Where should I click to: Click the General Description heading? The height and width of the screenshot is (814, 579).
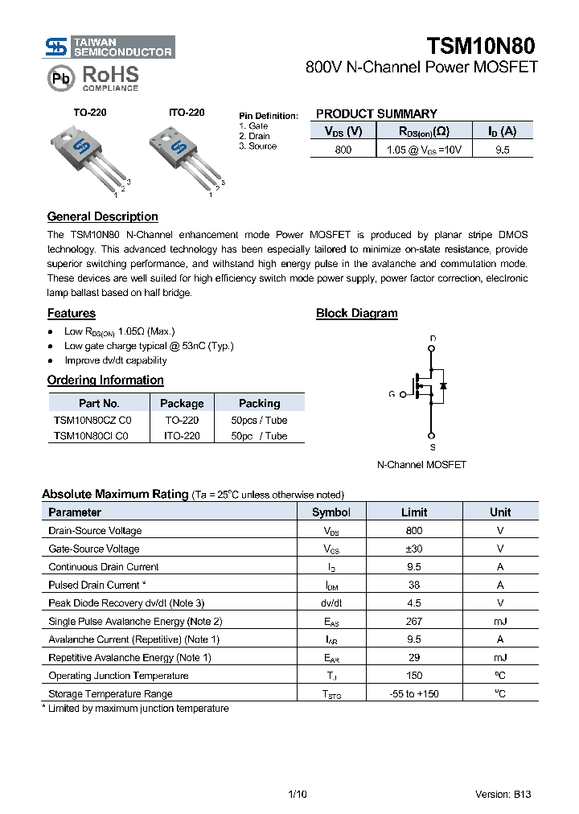pos(102,216)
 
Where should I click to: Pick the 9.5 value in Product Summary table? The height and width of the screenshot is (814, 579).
pos(503,150)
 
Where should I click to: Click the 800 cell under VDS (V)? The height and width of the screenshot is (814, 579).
pos(343,150)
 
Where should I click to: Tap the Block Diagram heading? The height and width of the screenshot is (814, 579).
pos(356,314)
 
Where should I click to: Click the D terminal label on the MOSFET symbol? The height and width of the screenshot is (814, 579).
pos(433,339)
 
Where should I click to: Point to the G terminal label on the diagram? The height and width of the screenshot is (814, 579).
pos(392,394)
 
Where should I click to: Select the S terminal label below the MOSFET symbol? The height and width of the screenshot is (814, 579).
pos(433,447)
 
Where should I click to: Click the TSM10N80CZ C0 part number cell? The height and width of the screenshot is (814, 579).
pos(92,420)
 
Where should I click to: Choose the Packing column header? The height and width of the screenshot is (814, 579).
pos(259,403)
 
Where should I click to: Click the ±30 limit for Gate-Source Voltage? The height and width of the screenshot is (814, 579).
pos(414,549)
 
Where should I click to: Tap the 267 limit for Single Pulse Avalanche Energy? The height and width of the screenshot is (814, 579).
pos(414,621)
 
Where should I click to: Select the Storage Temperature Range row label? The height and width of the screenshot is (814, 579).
pos(110,693)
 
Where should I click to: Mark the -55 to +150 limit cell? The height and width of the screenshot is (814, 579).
pos(414,693)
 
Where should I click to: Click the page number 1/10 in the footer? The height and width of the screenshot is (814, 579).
pos(297,795)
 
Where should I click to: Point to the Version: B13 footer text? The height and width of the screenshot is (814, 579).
pos(503,795)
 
